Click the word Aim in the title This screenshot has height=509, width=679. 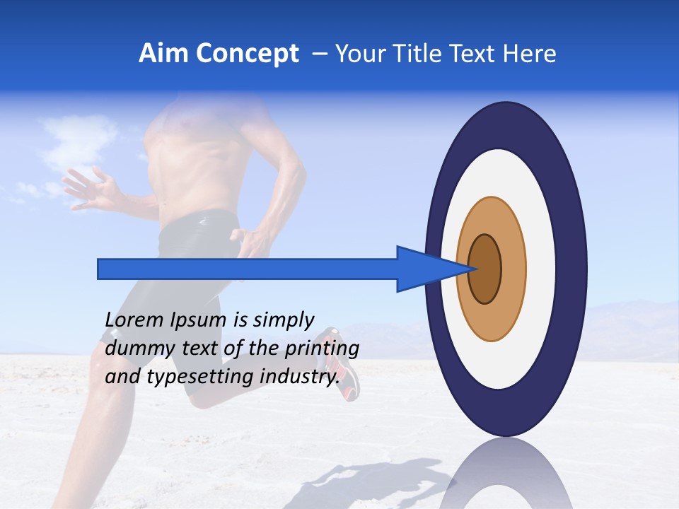(x=163, y=54)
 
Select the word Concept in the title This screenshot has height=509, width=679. (x=247, y=54)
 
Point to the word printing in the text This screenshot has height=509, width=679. (x=322, y=349)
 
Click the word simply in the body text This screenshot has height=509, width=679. (x=283, y=320)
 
